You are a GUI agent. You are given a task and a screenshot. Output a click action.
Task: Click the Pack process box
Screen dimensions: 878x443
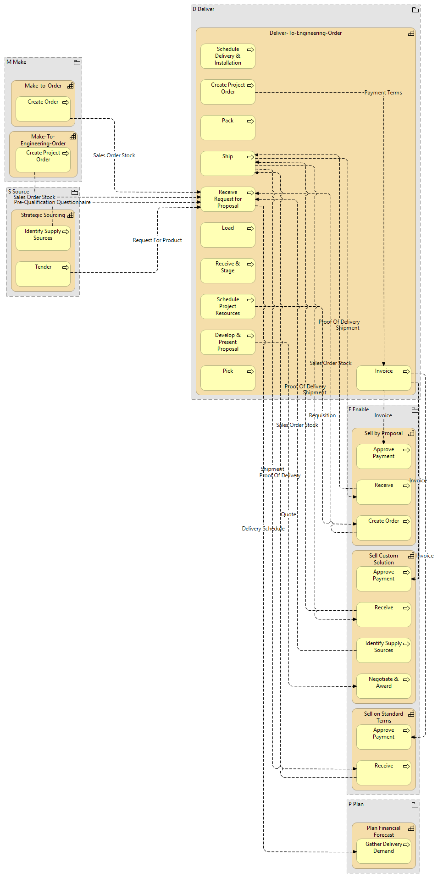[227, 128]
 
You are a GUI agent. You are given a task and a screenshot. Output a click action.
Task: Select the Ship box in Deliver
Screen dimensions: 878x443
[227, 164]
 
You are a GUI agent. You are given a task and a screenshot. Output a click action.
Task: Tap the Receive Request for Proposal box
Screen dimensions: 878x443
[227, 199]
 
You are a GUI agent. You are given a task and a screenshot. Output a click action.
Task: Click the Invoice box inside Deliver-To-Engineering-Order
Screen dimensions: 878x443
[383, 378]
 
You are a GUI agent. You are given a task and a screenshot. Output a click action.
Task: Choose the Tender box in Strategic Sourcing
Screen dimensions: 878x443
[43, 274]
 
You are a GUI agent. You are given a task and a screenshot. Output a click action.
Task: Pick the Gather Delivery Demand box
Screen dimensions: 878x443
[383, 851]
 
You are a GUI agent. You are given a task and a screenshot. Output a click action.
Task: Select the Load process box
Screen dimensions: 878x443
[227, 235]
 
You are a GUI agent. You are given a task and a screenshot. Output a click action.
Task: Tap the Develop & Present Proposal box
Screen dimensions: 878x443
[227, 342]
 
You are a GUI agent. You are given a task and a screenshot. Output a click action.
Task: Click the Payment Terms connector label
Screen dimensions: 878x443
[383, 93]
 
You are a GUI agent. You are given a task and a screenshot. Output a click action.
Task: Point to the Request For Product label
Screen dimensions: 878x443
[157, 240]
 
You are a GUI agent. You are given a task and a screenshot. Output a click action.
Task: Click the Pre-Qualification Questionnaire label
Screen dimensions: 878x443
[52, 202]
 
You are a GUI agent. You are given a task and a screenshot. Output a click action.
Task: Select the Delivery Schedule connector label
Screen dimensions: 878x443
[263, 529]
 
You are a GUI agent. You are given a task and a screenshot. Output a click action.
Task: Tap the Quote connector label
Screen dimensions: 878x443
[288, 514]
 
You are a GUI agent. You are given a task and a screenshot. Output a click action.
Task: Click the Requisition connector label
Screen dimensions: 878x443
[322, 415]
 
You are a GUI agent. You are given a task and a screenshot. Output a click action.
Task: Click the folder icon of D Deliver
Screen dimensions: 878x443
[415, 10]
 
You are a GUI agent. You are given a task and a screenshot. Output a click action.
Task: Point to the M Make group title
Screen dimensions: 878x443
[17, 62]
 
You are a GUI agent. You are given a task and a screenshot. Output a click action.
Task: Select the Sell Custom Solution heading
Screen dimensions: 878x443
[383, 559]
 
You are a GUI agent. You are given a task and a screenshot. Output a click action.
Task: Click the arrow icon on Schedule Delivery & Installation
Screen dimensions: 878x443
[250, 50]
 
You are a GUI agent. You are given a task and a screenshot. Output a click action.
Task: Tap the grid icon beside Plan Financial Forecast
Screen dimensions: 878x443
[411, 828]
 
